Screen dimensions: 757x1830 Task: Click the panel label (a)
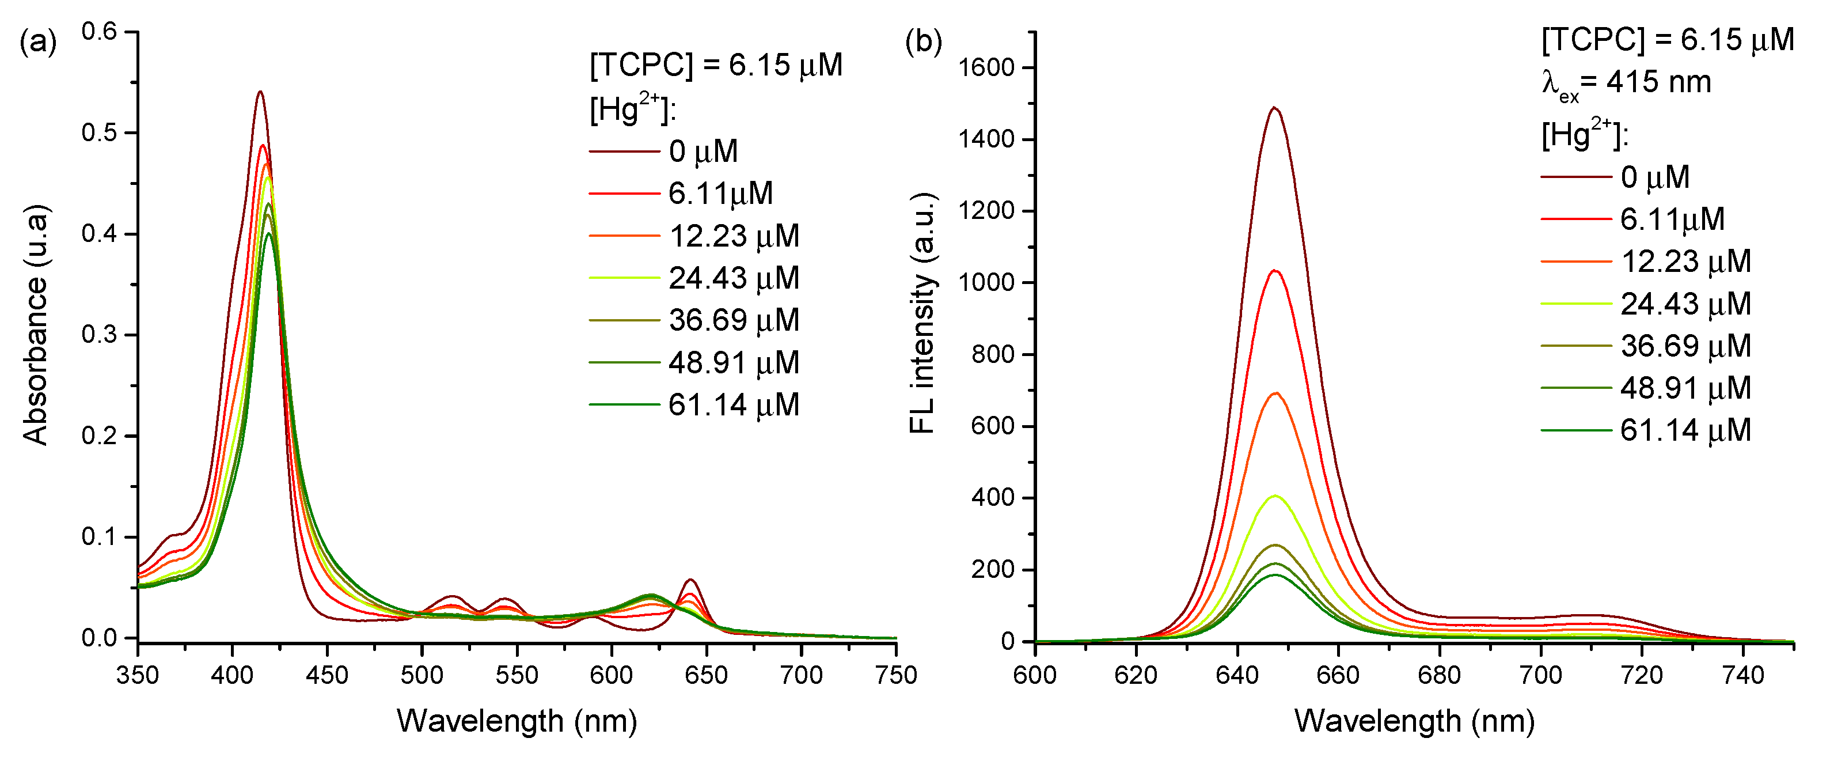point(37,43)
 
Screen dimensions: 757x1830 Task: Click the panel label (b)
point(923,43)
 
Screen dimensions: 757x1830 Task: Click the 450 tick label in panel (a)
point(327,674)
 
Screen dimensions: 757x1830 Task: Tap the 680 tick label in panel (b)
point(1439,674)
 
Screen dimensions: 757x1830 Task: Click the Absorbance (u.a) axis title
point(36,325)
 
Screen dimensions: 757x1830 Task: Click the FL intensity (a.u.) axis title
point(922,313)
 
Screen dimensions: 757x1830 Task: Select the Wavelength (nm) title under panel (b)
point(1414,721)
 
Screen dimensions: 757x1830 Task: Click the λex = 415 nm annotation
point(1627,83)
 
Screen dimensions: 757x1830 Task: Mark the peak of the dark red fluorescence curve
point(1274,108)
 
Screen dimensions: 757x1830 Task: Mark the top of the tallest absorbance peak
point(260,92)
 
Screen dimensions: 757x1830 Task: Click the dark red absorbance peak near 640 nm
point(690,580)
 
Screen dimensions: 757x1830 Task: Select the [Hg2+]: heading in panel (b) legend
point(1584,133)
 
